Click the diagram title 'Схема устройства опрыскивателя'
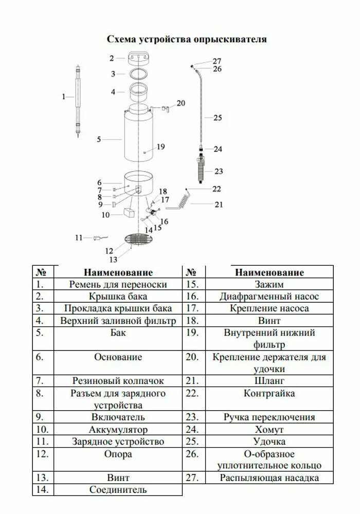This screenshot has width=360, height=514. coord(186,39)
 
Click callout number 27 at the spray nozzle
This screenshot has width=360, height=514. coord(217,61)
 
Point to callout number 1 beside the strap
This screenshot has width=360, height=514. coord(64,96)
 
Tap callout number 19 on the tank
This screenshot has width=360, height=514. coord(160,147)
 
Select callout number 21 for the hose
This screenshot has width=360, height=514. coord(219,205)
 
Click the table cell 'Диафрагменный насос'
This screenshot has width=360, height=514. coord(269,296)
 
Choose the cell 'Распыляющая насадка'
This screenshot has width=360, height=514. coord(269,478)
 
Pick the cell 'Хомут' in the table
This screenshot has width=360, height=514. coord(269,429)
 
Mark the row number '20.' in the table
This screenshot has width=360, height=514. coord(192,357)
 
